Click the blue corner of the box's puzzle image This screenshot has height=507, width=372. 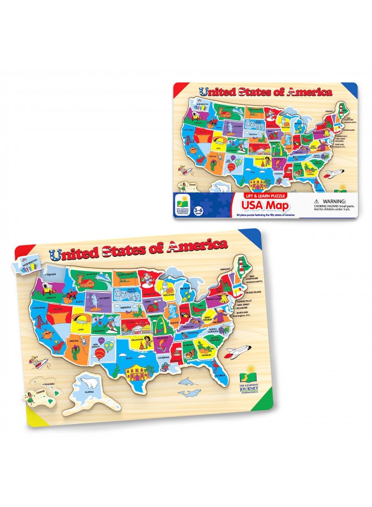(x=349, y=90)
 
